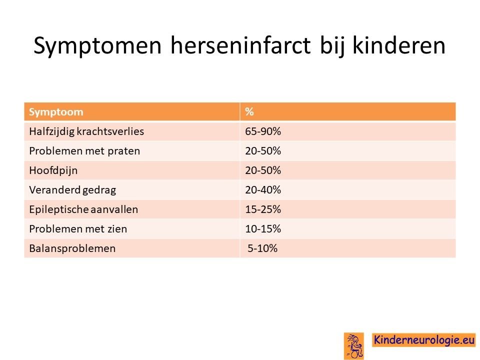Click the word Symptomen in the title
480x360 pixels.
pyautogui.click(x=97, y=46)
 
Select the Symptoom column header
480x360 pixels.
pyautogui.click(x=56, y=111)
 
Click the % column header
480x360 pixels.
pyautogui.click(x=249, y=111)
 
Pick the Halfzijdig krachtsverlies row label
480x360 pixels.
pyautogui.click(x=86, y=131)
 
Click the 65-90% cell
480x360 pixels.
pyautogui.click(x=263, y=131)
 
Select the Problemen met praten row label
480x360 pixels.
pyautogui.click(x=84, y=151)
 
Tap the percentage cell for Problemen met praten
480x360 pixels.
pyautogui.click(x=263, y=151)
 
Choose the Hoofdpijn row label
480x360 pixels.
pyautogui.click(x=53, y=170)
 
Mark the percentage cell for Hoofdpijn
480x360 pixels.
pyautogui.click(x=263, y=170)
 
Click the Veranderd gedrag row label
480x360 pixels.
pyautogui.click(x=72, y=190)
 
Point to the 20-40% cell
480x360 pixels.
pyautogui.click(x=263, y=190)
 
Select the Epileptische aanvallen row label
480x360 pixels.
pyautogui.click(x=83, y=209)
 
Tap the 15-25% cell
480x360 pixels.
pyautogui.click(x=263, y=209)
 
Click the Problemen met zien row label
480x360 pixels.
pyautogui.click(x=78, y=229)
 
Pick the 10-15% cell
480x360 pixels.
pyautogui.click(x=263, y=229)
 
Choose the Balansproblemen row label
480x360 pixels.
pyautogui.click(x=72, y=248)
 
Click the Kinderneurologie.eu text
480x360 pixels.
pyautogui.click(x=424, y=340)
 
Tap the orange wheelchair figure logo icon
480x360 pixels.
pyautogui.click(x=354, y=346)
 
